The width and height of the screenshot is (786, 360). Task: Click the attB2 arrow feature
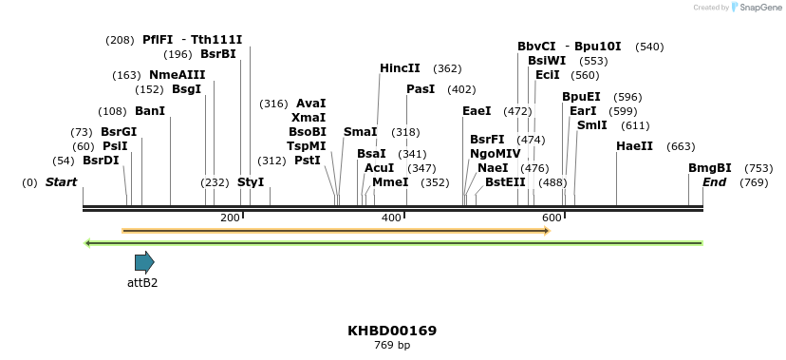[x=144, y=262]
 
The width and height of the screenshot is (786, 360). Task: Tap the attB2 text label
[x=142, y=282]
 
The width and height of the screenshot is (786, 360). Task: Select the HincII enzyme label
[x=400, y=68]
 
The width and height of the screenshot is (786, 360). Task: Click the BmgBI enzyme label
[x=710, y=167]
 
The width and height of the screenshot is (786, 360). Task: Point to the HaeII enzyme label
[x=634, y=146]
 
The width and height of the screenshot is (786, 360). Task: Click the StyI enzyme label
[x=251, y=181]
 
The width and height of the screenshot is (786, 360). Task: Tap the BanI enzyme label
[x=150, y=111]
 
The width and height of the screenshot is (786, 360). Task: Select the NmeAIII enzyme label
[x=178, y=75]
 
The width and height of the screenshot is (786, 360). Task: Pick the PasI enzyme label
[x=421, y=89]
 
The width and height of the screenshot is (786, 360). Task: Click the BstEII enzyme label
[x=505, y=181]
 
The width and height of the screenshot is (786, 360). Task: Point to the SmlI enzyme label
[x=592, y=125]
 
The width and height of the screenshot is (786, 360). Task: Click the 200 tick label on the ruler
[x=230, y=218]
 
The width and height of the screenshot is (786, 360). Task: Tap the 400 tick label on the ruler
[x=391, y=218]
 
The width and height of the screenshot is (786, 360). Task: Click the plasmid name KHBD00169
[x=392, y=331]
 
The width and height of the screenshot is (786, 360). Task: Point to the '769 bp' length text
[x=392, y=345]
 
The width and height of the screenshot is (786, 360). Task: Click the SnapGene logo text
[x=758, y=8]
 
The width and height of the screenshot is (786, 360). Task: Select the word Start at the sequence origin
[x=62, y=181]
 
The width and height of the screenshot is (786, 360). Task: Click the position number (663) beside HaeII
[x=681, y=146]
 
